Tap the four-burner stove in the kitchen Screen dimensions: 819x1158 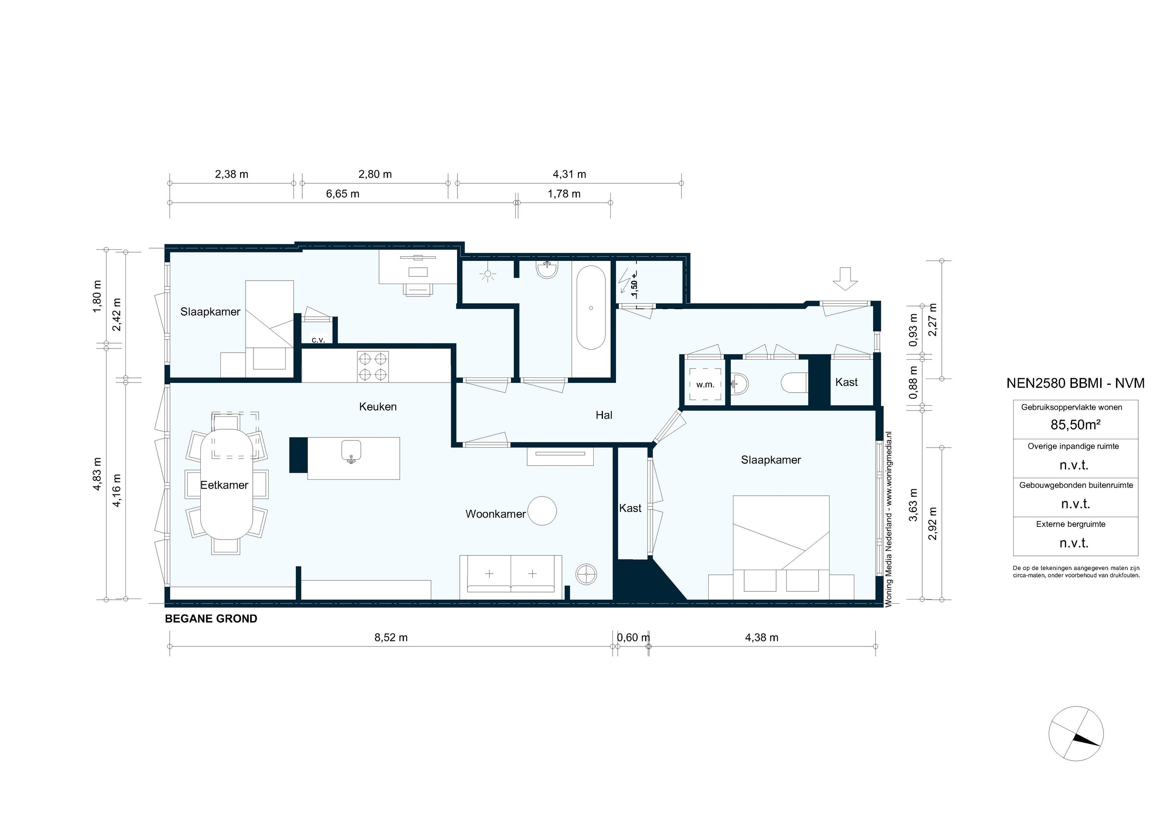pos(373,367)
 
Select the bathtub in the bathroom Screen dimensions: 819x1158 pos(591,308)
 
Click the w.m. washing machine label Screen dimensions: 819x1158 pos(705,385)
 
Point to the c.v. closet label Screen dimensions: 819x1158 pos(318,340)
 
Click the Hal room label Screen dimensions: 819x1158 pos(604,415)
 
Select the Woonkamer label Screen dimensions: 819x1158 pos(495,514)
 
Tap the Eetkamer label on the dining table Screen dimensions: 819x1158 pos(224,485)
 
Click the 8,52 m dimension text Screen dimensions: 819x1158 pos(391,638)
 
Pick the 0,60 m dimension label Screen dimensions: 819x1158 pos(633,638)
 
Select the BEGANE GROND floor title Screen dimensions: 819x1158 pos(211,619)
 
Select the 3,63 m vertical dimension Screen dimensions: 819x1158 pos(913,505)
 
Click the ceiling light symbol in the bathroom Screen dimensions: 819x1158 pos(487,275)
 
